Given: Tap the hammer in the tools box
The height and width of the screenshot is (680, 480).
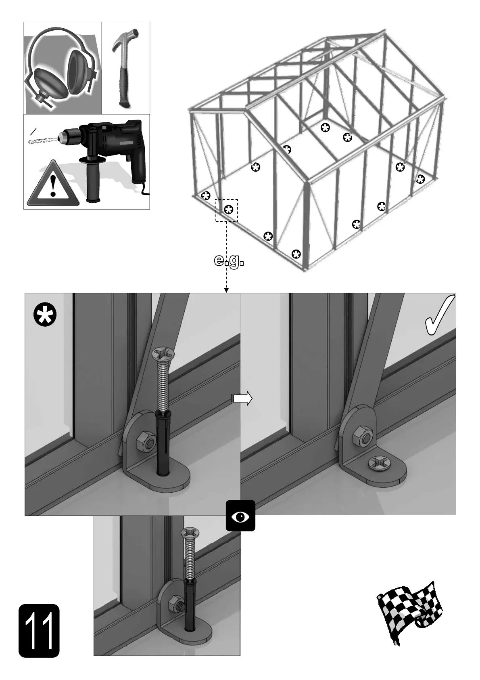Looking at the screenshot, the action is pos(124,68).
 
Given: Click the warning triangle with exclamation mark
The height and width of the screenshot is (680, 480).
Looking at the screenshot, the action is pos(53,184).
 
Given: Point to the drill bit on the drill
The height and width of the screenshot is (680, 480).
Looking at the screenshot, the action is pos(42,140).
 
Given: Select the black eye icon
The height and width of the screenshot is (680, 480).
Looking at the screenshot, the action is pos(240,516).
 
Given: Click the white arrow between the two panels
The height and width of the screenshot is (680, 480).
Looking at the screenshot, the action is pos(242,398).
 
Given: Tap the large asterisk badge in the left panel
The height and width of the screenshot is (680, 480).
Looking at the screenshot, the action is pos(45,316).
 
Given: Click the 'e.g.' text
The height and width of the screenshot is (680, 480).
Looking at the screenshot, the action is pos(229,261).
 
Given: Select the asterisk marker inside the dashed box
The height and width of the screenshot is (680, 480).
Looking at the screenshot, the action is pos(229,210).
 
